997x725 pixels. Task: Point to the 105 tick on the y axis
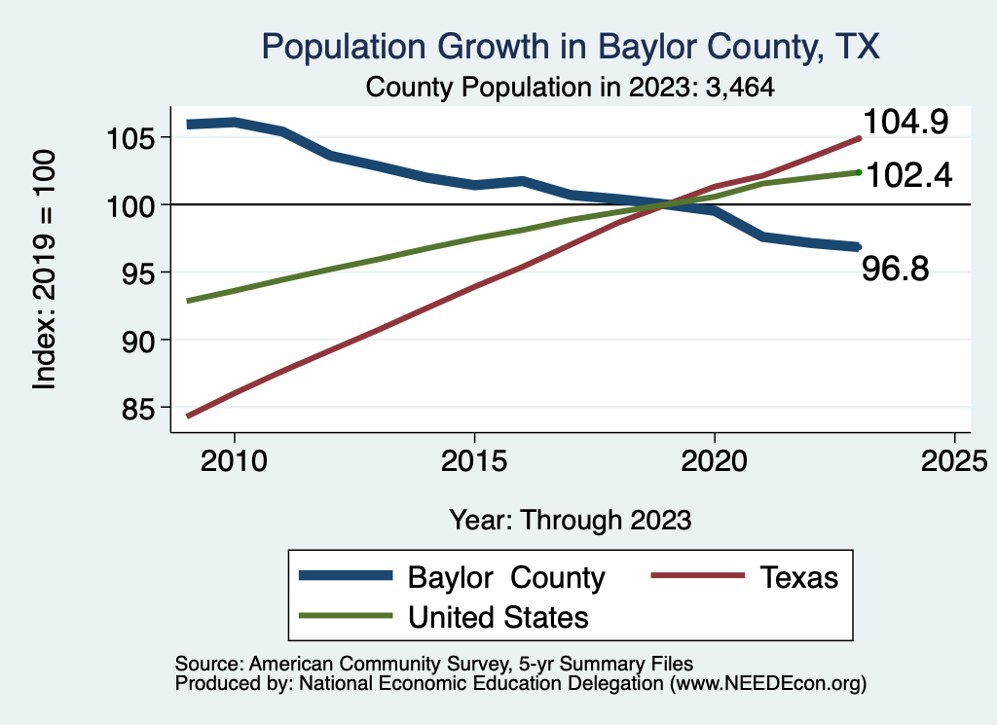click(133, 137)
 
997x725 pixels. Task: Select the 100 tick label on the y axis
click(133, 205)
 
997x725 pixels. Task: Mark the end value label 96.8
click(896, 269)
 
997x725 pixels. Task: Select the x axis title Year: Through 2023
click(571, 520)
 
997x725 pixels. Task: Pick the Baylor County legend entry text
click(506, 577)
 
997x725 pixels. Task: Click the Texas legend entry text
click(798, 577)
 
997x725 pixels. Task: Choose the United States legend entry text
click(498, 616)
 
